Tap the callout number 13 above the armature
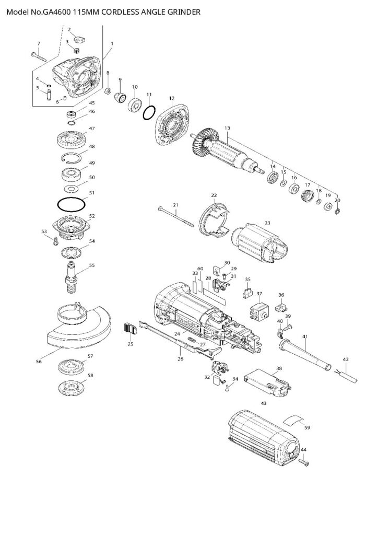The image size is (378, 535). pyautogui.click(x=227, y=129)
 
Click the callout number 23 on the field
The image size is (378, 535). pyautogui.click(x=267, y=223)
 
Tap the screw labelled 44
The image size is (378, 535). pyautogui.click(x=303, y=462)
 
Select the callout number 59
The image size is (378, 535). pyautogui.click(x=307, y=428)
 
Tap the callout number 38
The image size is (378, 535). pyautogui.click(x=279, y=368)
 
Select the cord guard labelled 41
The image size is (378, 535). pyautogui.click(x=304, y=355)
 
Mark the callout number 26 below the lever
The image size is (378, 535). pyautogui.click(x=181, y=358)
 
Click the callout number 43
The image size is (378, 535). pyautogui.click(x=264, y=403)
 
